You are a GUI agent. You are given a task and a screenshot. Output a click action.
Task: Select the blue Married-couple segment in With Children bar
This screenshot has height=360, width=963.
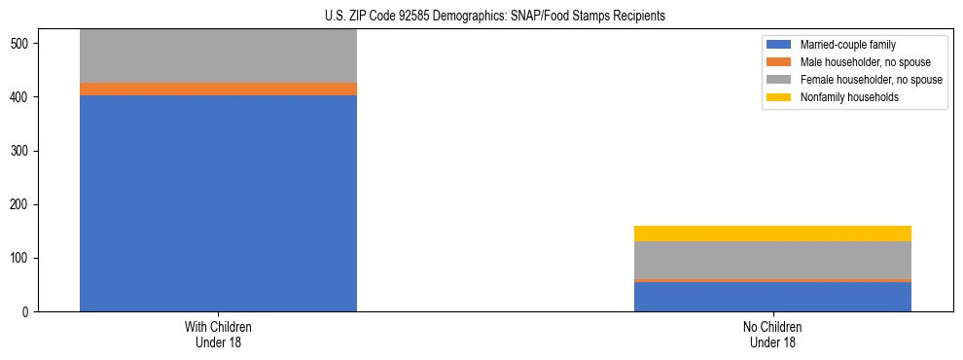[x=218, y=203]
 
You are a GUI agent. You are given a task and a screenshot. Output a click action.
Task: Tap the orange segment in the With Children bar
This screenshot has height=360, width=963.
[x=218, y=90]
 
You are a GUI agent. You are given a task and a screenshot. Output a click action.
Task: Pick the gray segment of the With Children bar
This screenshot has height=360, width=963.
[x=218, y=56]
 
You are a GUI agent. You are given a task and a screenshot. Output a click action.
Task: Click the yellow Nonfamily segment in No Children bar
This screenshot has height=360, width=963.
[x=772, y=234]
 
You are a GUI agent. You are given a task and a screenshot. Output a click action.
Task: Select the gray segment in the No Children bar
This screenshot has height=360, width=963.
[x=772, y=260]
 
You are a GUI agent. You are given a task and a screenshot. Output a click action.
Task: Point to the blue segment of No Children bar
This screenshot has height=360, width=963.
[x=772, y=297]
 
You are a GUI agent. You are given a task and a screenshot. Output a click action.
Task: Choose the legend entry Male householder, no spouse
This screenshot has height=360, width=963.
[x=857, y=62]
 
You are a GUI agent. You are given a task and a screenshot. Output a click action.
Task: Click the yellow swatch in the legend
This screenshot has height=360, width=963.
[x=779, y=97]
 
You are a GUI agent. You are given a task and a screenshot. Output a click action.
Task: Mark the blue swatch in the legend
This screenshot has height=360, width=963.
[x=779, y=45]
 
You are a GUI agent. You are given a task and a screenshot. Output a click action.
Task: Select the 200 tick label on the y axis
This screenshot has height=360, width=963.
[x=23, y=205]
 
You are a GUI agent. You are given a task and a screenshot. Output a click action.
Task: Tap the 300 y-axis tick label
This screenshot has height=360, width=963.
[x=23, y=152]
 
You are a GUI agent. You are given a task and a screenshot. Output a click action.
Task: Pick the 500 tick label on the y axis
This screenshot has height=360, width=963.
[x=23, y=45]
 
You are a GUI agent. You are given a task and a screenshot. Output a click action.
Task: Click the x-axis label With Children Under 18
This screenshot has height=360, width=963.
[x=218, y=335]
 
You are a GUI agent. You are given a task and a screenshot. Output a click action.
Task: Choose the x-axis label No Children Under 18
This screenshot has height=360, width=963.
[x=772, y=335]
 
